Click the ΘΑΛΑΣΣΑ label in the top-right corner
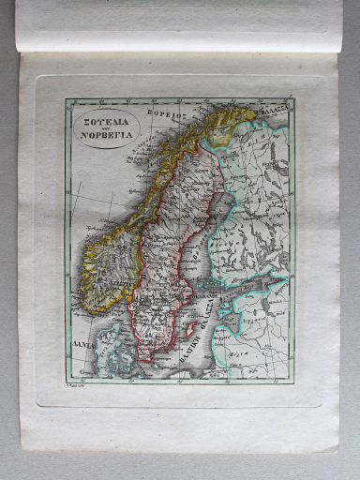pyautogui.click(x=268, y=108)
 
